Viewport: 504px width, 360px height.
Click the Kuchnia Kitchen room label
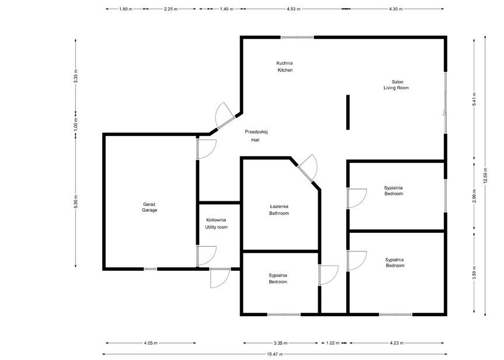284,67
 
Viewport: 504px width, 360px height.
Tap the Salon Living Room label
396,85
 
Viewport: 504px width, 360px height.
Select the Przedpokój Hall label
256,136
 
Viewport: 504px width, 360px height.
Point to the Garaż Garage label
150,207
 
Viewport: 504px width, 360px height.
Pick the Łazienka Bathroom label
279,210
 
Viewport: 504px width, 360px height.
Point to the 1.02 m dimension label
332,343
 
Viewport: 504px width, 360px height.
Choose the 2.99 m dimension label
475,198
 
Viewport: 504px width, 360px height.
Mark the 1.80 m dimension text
125,9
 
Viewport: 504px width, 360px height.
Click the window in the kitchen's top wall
297,37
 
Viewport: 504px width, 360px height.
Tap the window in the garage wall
150,269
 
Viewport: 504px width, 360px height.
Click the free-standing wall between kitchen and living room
347,112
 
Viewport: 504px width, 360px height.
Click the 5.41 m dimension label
475,100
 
